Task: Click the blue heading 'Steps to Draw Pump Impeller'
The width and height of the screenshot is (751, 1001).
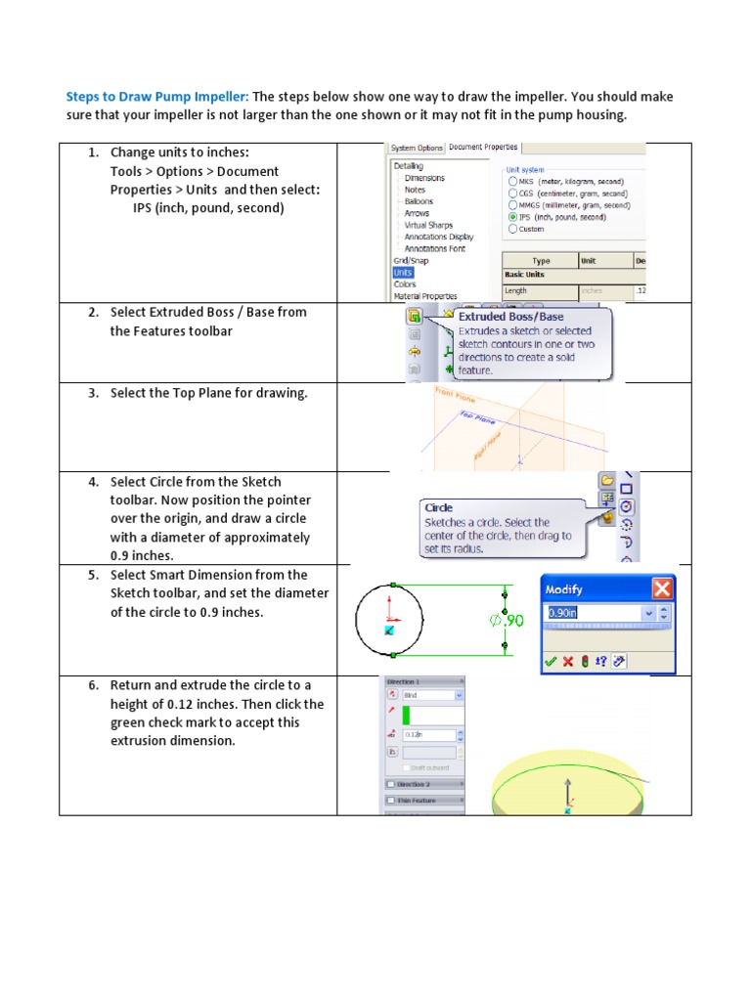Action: coord(156,97)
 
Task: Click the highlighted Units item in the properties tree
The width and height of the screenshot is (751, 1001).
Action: coord(403,273)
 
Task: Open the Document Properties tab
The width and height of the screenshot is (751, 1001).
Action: coord(484,147)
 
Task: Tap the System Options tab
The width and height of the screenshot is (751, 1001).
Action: coord(417,148)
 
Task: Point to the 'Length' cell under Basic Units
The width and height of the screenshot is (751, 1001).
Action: coord(515,290)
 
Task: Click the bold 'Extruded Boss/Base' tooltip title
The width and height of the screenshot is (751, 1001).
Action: coord(510,317)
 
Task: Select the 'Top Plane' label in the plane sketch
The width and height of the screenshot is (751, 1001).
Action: coord(477,416)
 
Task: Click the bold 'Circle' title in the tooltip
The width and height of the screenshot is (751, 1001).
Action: coord(438,507)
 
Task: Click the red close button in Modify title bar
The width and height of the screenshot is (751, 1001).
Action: coord(662,588)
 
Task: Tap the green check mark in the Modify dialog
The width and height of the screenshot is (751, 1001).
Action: coord(551,661)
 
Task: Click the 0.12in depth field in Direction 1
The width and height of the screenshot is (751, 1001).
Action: coord(427,735)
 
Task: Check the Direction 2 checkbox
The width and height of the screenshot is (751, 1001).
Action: coord(392,784)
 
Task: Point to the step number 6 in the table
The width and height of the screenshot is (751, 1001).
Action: coord(93,685)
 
